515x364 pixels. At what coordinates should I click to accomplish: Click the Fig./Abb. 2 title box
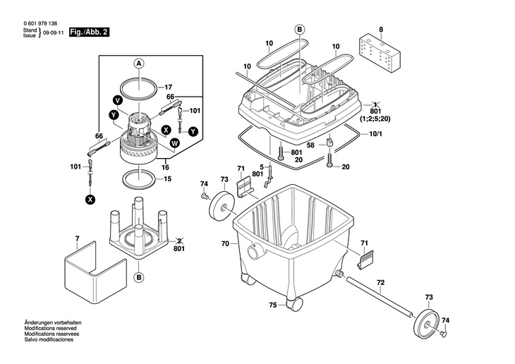[89, 32]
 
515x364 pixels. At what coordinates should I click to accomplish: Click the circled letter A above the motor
[139, 63]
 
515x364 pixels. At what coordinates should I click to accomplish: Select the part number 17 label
[168, 87]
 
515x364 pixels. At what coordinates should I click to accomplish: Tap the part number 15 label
[167, 179]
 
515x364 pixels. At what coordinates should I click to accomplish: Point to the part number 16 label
[165, 167]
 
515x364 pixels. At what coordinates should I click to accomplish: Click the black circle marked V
[117, 100]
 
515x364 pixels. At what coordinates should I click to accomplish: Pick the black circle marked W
[175, 143]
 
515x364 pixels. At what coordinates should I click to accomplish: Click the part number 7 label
[77, 238]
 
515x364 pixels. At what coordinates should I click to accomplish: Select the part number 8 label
[381, 30]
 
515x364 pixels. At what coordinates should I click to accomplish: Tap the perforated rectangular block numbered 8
[380, 53]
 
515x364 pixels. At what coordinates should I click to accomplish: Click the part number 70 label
[225, 244]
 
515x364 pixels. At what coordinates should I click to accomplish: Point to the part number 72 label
[381, 283]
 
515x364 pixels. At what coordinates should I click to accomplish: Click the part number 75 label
[273, 305]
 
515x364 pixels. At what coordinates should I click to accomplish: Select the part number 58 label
[310, 145]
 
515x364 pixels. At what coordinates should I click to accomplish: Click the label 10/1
[375, 134]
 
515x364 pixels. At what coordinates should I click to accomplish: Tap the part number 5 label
[262, 166]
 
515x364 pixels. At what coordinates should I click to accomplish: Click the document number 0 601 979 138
[40, 24]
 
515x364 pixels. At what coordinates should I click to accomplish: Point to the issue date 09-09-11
[53, 33]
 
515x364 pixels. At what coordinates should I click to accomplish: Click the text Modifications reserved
[50, 328]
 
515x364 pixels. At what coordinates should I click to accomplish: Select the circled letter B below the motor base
[139, 278]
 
